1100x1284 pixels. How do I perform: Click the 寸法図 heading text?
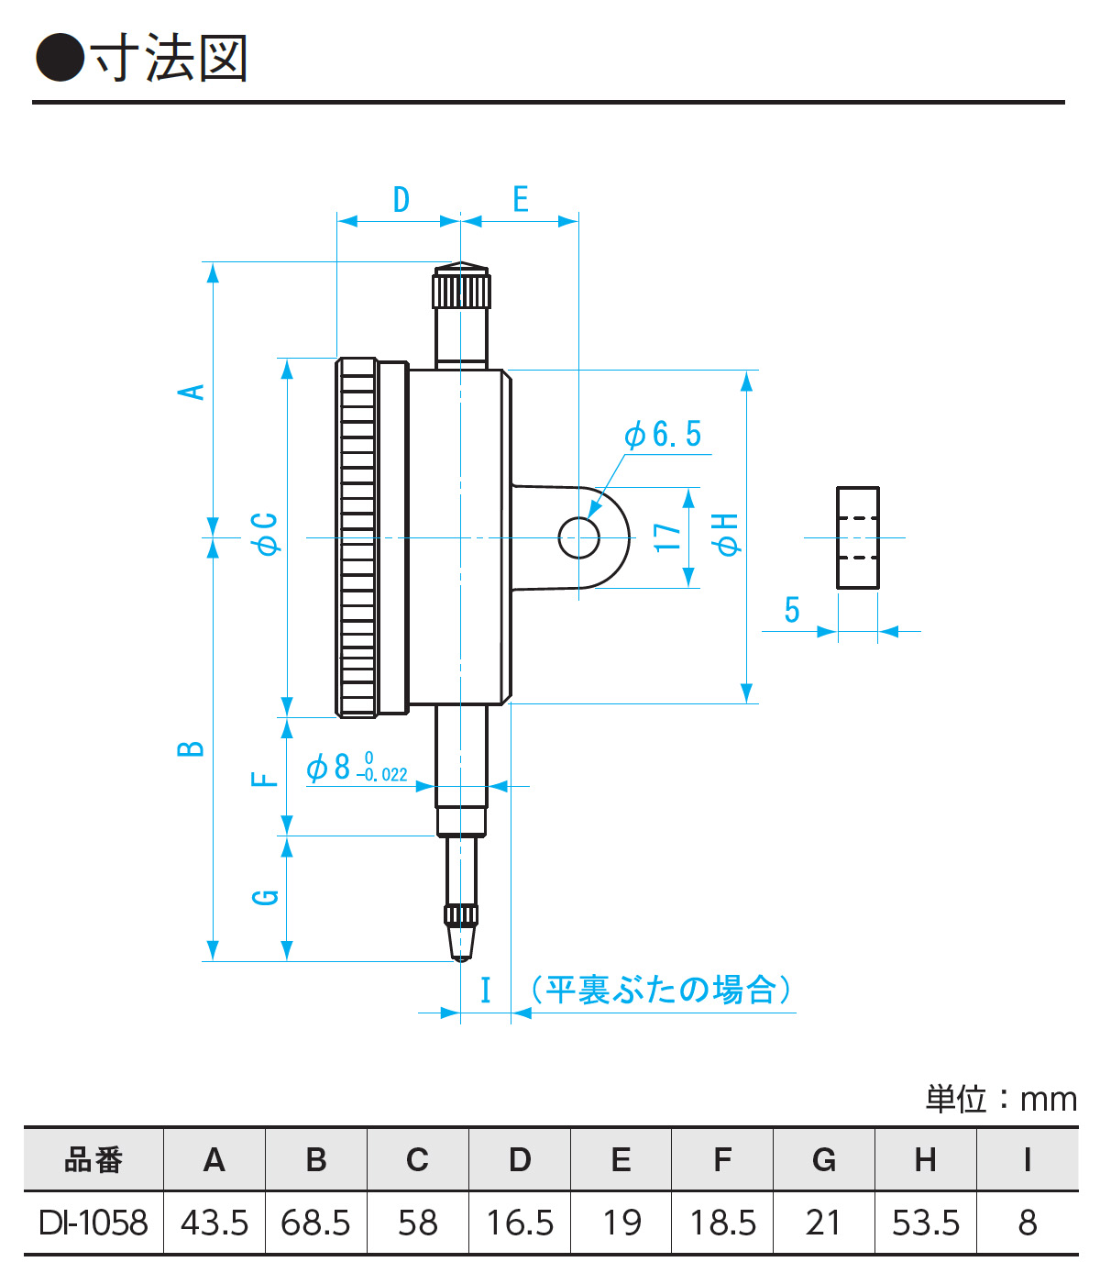click(x=170, y=59)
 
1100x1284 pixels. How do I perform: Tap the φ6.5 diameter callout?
click(x=663, y=435)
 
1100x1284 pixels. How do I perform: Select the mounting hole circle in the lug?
click(x=579, y=537)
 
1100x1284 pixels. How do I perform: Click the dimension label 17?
click(x=668, y=537)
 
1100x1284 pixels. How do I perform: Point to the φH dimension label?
click(x=726, y=535)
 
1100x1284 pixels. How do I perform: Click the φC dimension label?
click(x=266, y=535)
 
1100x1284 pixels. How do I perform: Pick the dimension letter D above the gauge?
click(x=401, y=199)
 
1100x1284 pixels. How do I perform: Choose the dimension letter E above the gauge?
click(x=520, y=199)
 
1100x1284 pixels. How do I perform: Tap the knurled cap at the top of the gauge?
click(x=461, y=287)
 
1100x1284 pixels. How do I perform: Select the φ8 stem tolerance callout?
click(x=357, y=768)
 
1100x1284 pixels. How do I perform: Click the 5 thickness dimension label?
click(x=792, y=610)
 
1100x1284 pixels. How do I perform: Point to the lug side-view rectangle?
click(x=858, y=537)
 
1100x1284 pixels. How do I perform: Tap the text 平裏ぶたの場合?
click(x=661, y=990)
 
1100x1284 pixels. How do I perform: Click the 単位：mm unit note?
click(x=1001, y=1099)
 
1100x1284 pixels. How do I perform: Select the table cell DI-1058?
click(x=93, y=1223)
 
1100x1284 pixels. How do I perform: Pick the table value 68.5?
click(x=315, y=1223)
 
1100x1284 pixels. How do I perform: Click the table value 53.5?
click(x=926, y=1223)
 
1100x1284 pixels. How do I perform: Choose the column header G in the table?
click(x=823, y=1160)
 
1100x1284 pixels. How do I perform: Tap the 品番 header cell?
click(x=93, y=1160)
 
